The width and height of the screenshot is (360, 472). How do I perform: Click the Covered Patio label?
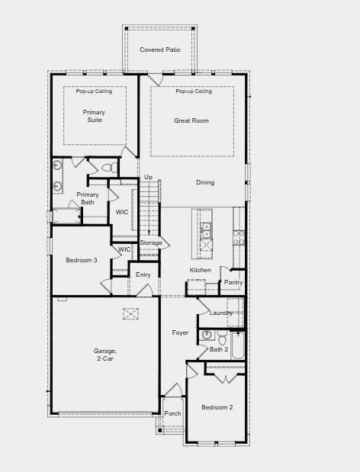click(160, 50)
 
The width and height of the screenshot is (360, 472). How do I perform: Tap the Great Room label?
click(191, 120)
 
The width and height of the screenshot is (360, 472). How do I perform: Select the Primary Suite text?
click(94, 116)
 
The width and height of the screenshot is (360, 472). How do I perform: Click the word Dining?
click(205, 182)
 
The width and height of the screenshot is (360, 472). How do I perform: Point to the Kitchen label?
click(200, 270)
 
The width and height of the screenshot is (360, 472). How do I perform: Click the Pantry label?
click(233, 282)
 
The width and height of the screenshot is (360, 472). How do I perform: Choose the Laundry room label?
click(220, 313)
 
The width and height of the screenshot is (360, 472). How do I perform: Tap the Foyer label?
click(180, 332)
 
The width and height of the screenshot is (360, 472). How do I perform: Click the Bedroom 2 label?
click(217, 407)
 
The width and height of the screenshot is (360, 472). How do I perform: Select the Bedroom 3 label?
click(82, 260)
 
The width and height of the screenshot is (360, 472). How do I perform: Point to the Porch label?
click(173, 413)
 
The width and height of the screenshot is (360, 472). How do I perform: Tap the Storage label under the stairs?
click(151, 242)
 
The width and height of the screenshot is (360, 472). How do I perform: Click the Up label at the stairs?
click(148, 178)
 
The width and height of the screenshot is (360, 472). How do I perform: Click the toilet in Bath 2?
click(223, 338)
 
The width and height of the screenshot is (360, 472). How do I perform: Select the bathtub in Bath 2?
click(238, 345)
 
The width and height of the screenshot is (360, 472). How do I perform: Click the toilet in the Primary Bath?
click(110, 168)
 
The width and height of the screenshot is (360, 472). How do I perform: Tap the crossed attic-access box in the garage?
click(131, 313)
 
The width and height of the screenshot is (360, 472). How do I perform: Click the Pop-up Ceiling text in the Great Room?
click(194, 91)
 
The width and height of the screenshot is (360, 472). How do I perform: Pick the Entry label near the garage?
click(143, 275)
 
